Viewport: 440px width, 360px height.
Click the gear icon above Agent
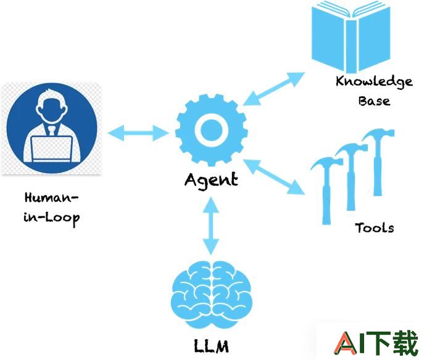(211, 130)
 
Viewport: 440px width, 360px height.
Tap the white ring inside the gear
(211, 131)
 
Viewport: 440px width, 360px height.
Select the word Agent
(211, 180)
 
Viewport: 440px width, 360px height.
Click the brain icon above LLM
(211, 294)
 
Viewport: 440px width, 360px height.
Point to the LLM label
(211, 346)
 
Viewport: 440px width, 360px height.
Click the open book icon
(351, 36)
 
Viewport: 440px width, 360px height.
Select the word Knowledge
(374, 81)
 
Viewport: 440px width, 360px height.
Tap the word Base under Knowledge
(374, 101)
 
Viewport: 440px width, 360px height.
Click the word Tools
(375, 227)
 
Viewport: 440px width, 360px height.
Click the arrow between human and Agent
(138, 133)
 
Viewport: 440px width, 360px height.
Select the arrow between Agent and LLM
(211, 226)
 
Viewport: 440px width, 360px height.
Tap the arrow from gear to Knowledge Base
(273, 89)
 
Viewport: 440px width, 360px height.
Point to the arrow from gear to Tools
(273, 177)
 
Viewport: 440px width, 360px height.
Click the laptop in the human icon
(52, 149)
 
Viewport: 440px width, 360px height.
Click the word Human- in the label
(51, 198)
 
